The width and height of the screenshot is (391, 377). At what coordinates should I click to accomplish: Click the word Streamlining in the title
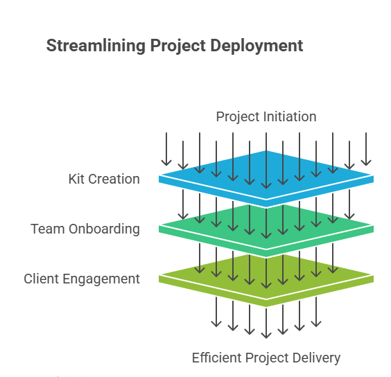96,46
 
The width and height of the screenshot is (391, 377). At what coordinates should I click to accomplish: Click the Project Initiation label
266,116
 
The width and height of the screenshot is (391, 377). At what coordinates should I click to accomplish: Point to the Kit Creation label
104,179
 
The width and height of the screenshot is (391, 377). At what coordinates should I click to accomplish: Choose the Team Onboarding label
85,229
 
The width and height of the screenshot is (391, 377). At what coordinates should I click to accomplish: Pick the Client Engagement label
82,279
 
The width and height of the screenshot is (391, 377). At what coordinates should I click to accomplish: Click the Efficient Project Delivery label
266,358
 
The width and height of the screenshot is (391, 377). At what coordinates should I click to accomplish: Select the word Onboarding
104,229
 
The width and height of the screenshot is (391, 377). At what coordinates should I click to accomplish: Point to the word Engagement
101,279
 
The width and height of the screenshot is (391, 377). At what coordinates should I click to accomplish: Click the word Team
47,229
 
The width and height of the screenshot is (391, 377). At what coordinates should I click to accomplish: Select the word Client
41,279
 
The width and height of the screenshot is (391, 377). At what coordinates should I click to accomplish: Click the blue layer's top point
266,150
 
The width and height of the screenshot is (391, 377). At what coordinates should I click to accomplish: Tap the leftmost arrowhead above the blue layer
166,163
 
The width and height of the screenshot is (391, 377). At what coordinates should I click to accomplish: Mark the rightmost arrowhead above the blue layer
366,163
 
